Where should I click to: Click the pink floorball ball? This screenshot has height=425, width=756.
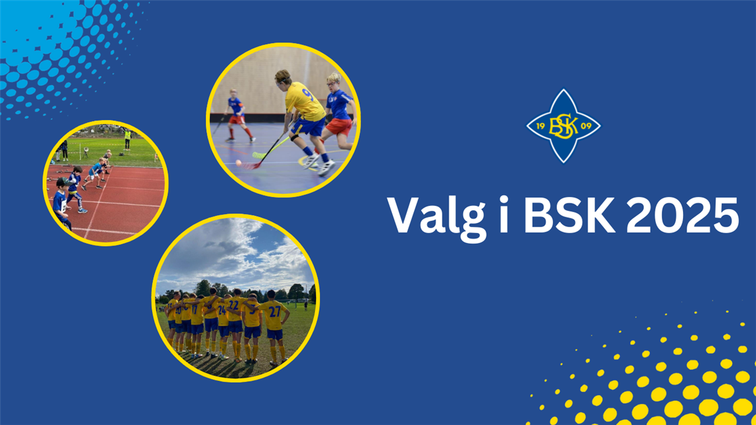(239, 163)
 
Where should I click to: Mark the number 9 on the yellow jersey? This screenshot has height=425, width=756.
(307, 95)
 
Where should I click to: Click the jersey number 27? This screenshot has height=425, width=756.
(275, 311)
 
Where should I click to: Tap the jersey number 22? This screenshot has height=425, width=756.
(234, 305)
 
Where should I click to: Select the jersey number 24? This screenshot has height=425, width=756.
(222, 310)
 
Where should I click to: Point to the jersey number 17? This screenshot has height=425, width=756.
(197, 309)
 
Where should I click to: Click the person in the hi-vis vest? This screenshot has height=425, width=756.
(127, 137)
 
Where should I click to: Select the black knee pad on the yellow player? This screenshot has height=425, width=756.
(295, 137)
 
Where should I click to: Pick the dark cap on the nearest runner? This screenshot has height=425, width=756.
(60, 183)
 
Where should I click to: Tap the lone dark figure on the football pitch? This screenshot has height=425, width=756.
(306, 306)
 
